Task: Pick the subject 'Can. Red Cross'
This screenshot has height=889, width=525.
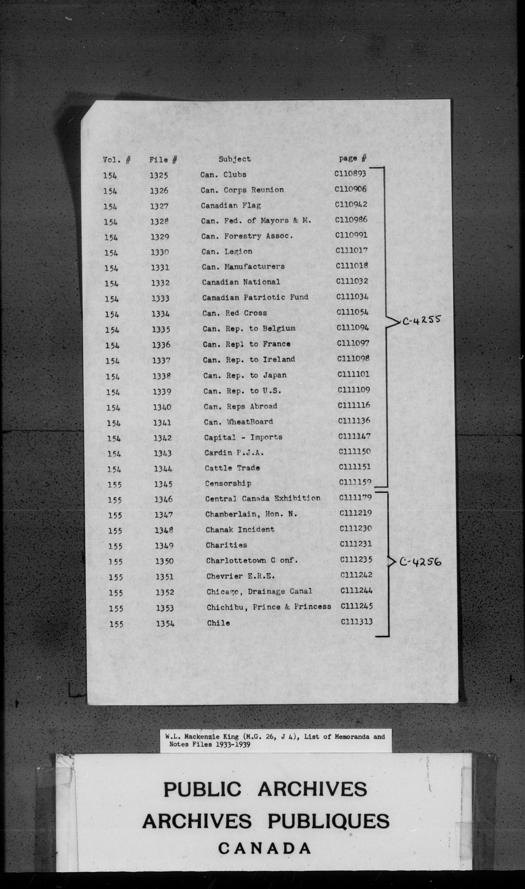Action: [x=234, y=313]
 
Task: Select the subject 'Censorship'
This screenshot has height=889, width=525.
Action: [x=228, y=483]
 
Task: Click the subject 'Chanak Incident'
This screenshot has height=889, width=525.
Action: [x=240, y=530]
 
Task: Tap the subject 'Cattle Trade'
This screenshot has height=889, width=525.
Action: [x=232, y=468]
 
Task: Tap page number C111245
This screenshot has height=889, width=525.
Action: [x=357, y=606]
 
